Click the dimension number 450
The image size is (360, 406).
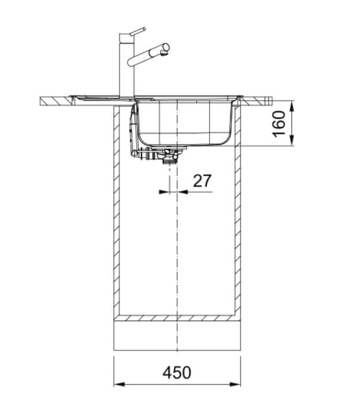tap(177, 373)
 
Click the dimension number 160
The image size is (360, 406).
tap(279, 124)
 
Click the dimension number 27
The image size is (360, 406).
tap(202, 181)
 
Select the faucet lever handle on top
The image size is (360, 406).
tap(138, 31)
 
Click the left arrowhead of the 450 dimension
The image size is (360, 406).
tap(119, 384)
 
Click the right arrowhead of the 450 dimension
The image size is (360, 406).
tap(235, 384)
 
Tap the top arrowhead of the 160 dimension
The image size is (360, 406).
tap(292, 106)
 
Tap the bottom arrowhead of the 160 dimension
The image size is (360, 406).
tap(292, 140)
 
